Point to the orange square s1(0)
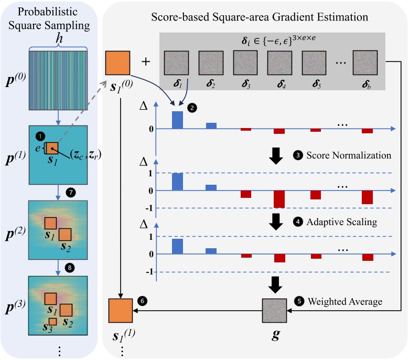(x=118, y=63)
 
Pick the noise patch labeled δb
(x=365, y=63)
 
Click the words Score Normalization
(x=349, y=156)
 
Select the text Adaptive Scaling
(x=341, y=222)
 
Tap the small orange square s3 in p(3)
(x=52, y=321)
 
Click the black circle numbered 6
(x=142, y=301)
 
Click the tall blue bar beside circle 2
(x=177, y=120)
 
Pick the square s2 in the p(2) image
(x=66, y=235)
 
